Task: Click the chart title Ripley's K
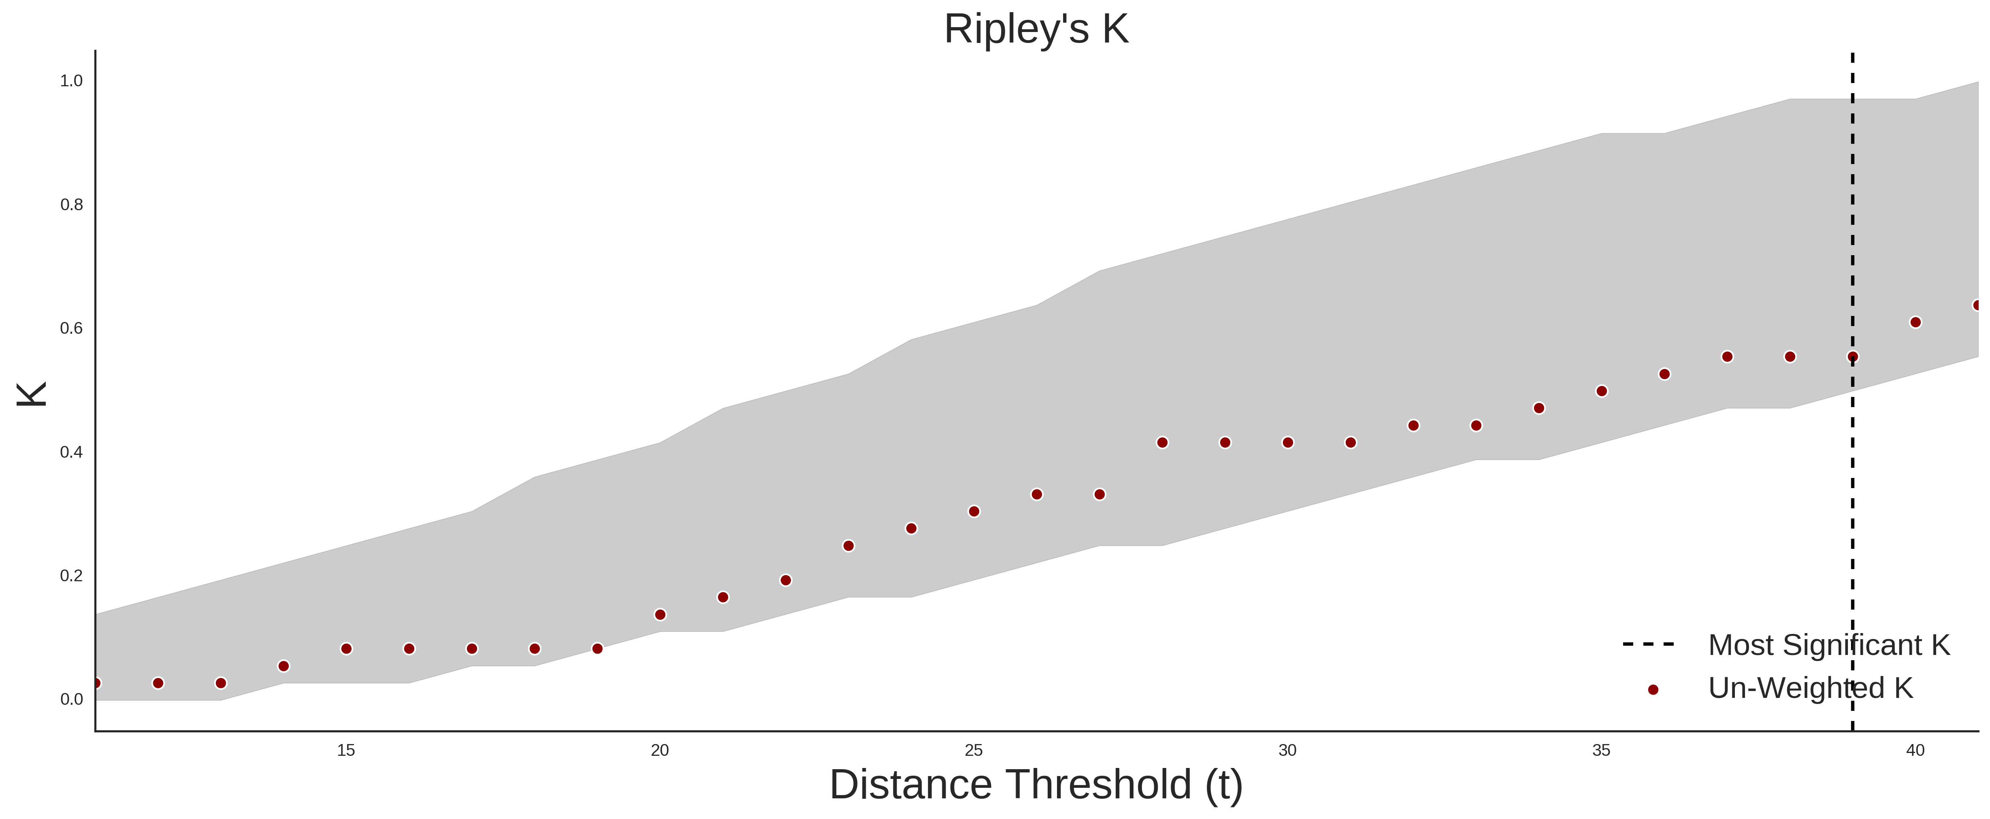pos(1036,29)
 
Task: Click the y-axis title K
pos(32,394)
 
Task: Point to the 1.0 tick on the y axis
pos(71,80)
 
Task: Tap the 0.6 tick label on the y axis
pos(71,328)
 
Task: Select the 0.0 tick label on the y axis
pos(71,699)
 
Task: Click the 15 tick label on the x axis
pos(346,750)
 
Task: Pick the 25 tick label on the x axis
pos(974,750)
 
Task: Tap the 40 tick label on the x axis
pos(1915,750)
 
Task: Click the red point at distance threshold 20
pos(660,615)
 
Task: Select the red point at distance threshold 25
pos(974,512)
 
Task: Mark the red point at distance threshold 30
pos(1288,443)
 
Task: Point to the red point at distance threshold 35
pos(1601,391)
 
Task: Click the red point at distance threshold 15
pos(346,649)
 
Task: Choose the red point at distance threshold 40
pos(1915,322)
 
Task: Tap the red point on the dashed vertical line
pos(1852,357)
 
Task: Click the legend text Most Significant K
pos(1828,645)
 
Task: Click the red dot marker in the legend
pos(1652,690)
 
